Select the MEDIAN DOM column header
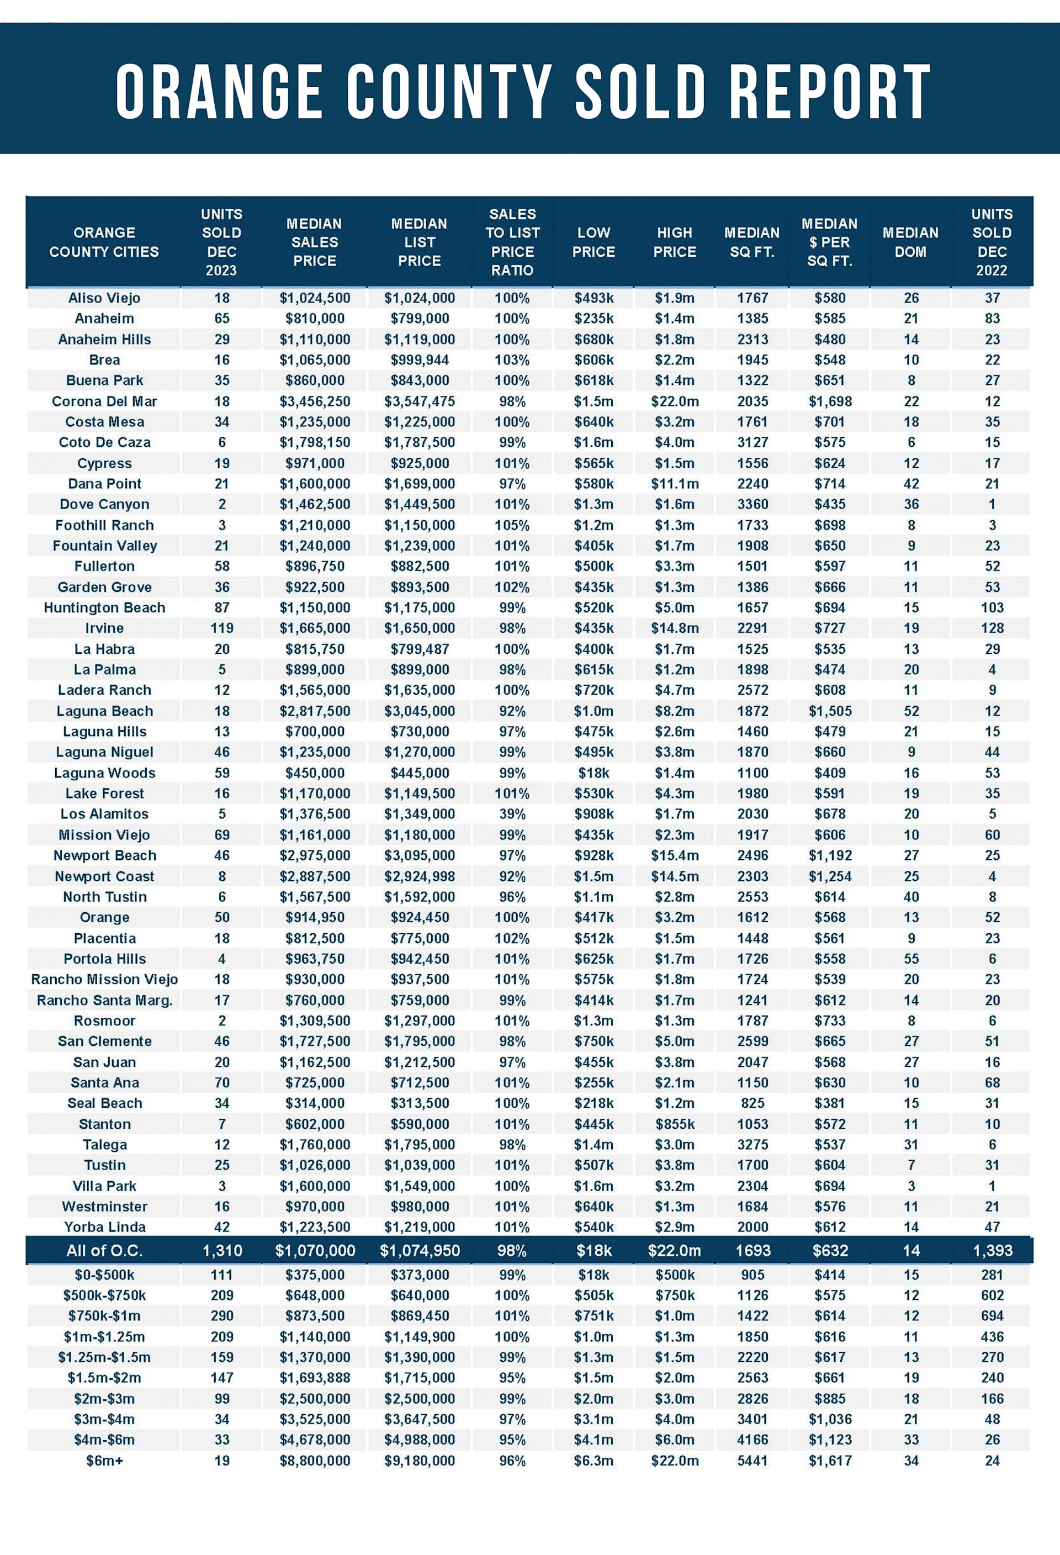coord(910,242)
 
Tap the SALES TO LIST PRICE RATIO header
coord(512,242)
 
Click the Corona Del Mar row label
coord(104,401)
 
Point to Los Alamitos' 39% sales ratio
coord(512,814)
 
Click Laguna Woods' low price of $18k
coord(594,773)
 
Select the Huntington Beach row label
coord(104,607)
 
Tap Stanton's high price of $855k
coord(674,1124)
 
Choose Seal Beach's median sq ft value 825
coord(752,1103)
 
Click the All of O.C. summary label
coord(104,1251)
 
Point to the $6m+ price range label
coord(104,1461)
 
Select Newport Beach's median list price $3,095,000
coord(420,855)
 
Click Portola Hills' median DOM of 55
coord(911,959)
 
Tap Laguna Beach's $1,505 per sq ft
coord(829,711)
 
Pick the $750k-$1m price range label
coord(104,1316)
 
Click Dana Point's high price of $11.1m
coord(674,484)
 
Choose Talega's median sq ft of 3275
coord(752,1145)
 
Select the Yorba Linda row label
coord(104,1227)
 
